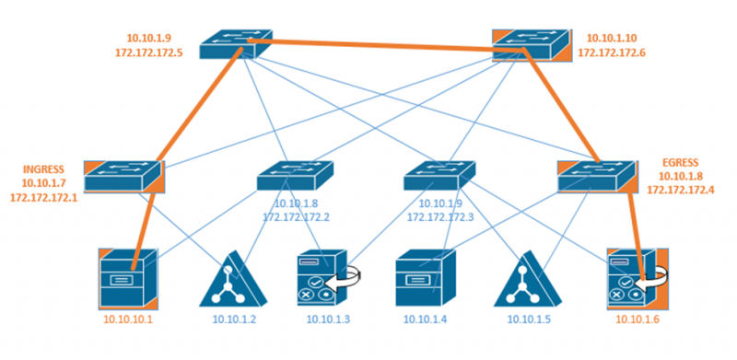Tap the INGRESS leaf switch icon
tap(123, 176)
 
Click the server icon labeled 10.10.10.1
tap(130, 277)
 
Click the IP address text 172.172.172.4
tap(682, 189)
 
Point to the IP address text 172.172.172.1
tap(43, 198)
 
